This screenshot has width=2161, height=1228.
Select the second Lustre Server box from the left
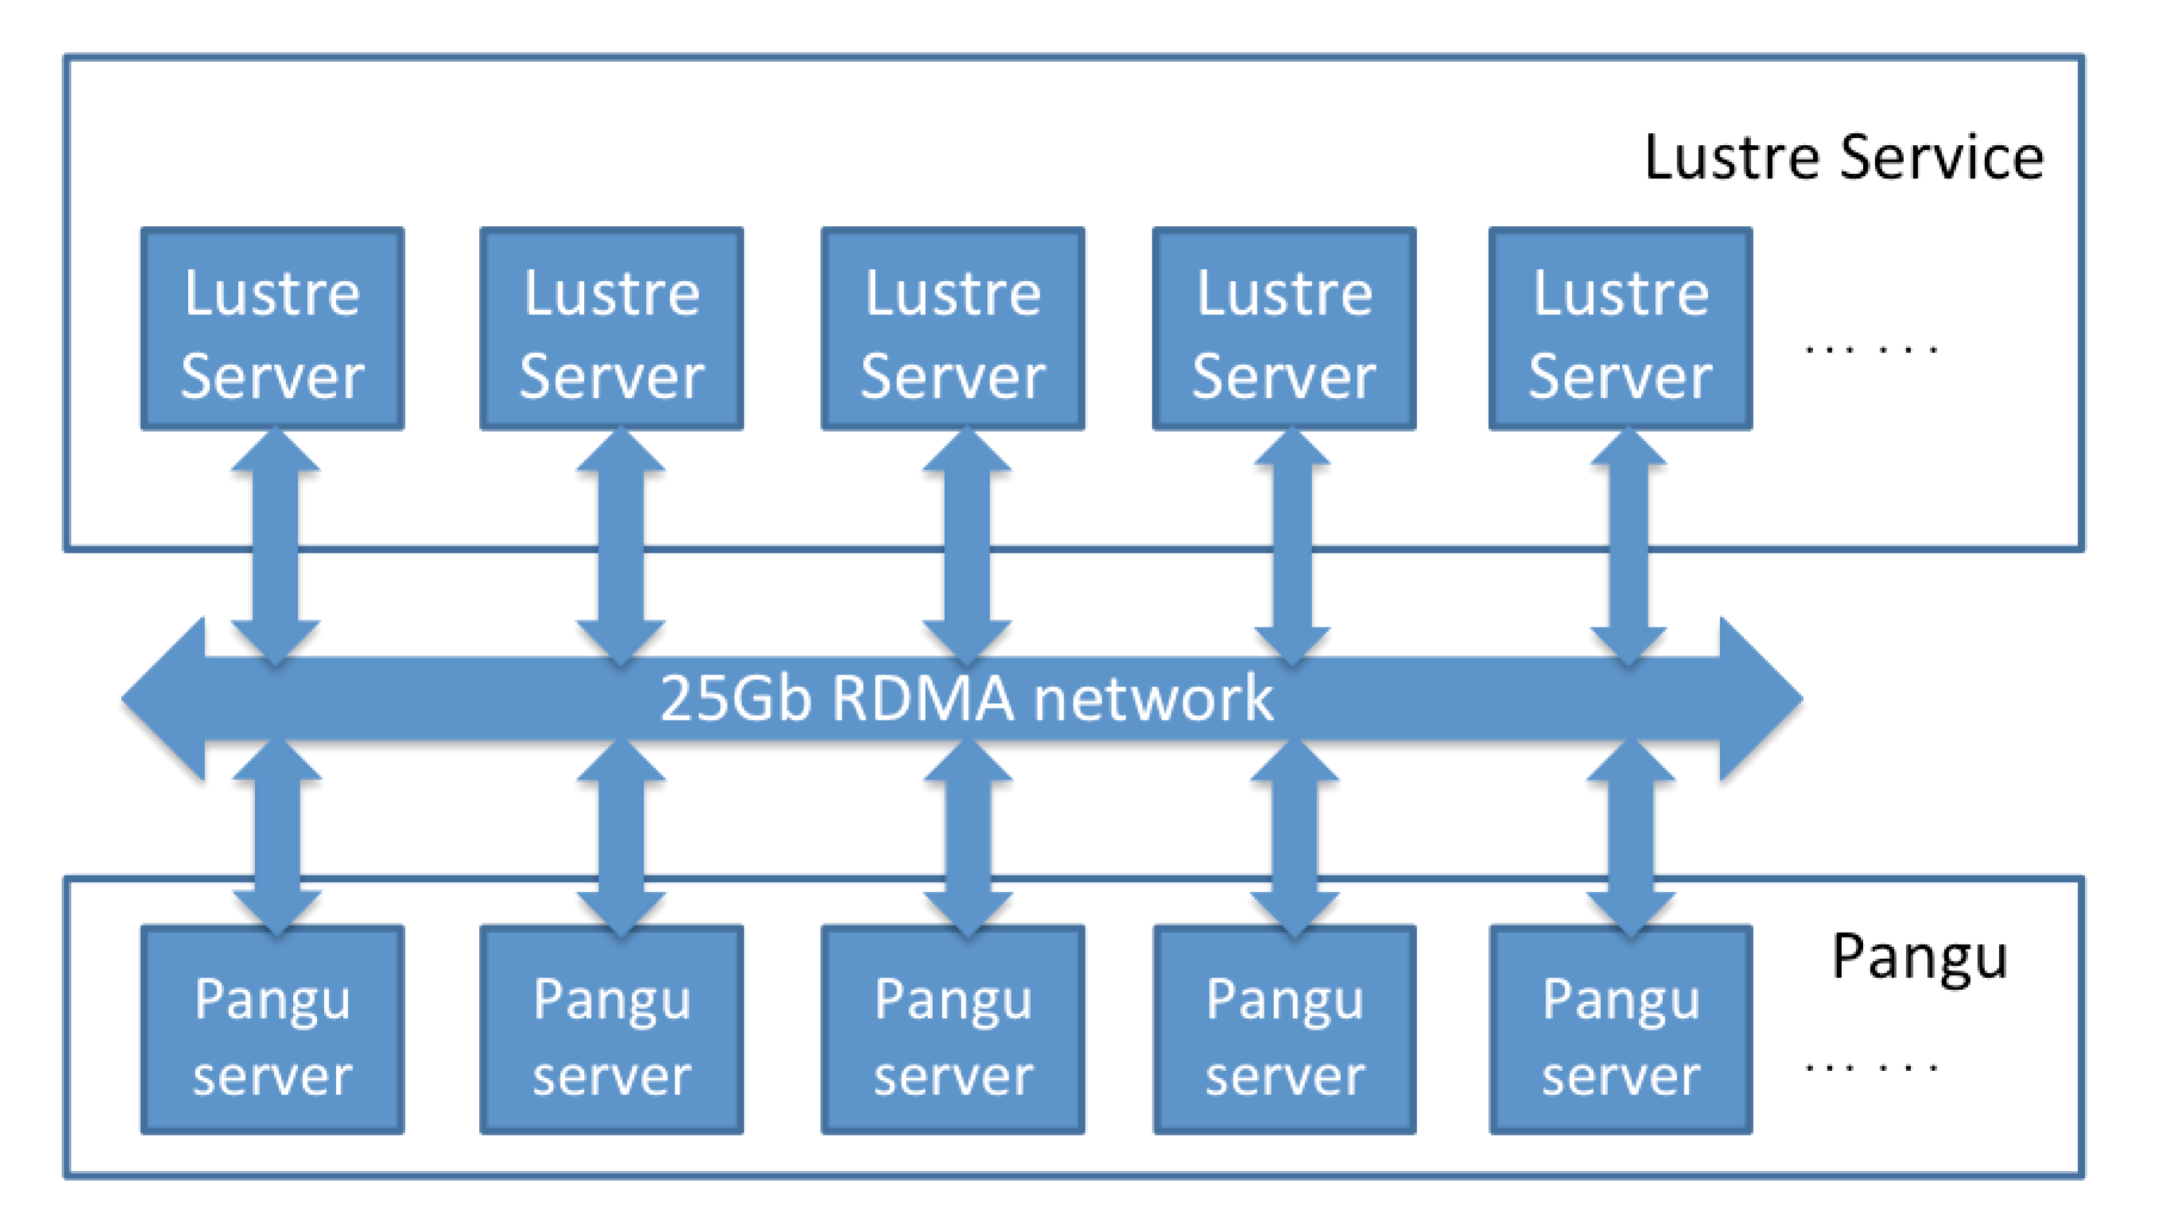[x=612, y=329]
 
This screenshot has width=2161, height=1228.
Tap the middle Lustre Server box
[x=952, y=329]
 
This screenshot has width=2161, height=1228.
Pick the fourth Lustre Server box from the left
[x=1284, y=329]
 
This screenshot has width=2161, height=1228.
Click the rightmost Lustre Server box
[x=1620, y=329]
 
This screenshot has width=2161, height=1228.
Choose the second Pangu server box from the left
[x=612, y=1029]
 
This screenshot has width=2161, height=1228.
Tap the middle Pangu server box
[x=952, y=1029]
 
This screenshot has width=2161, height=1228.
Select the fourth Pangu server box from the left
[x=1284, y=1029]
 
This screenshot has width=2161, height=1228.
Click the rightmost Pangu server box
[x=1620, y=1029]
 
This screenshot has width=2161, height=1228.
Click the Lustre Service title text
[x=1844, y=158]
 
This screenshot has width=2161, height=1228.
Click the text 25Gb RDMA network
[x=966, y=698]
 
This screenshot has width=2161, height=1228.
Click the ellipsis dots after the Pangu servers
[x=1870, y=1068]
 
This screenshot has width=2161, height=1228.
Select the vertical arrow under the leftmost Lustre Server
[x=276, y=544]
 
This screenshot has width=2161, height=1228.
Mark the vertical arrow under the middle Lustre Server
[x=967, y=544]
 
